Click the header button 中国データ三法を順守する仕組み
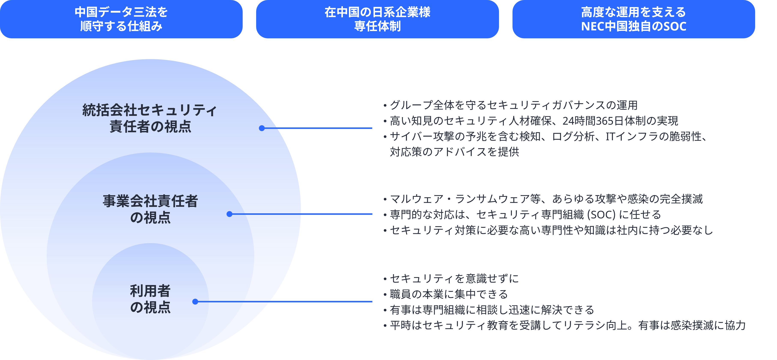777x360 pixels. [121, 19]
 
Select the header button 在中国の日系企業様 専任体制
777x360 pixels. [377, 19]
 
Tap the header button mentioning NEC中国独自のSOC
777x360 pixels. [634, 19]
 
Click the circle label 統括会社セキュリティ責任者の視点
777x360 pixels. [150, 118]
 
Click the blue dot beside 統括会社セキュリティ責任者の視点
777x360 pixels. [262, 128]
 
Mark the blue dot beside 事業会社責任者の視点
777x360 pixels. [230, 214]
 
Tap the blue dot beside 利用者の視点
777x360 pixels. [195, 302]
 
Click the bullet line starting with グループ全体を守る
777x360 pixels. [510, 105]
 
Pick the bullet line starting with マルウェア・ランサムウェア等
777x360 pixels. [543, 199]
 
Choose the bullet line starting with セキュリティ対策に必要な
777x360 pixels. [548, 230]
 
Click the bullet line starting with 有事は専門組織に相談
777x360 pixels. [489, 310]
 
